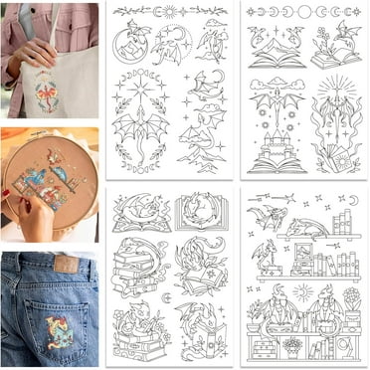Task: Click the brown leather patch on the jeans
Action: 66,263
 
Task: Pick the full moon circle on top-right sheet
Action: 302,12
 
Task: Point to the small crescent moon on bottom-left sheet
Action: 168,295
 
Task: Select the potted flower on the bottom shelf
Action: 292,345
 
